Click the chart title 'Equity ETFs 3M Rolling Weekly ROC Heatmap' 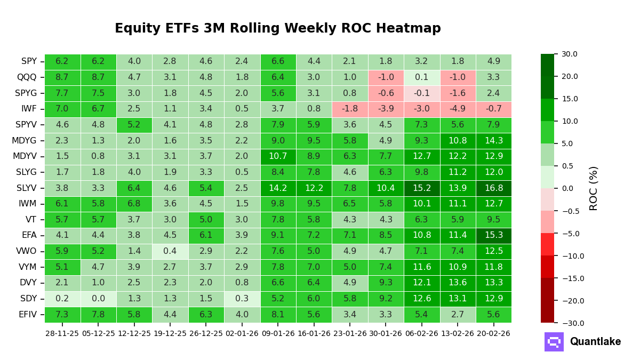point(277,29)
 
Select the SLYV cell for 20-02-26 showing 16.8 point(493,188)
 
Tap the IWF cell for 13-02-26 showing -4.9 point(458,109)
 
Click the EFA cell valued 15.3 point(493,236)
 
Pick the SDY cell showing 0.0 point(98,299)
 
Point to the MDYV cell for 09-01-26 point(278,157)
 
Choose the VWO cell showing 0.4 point(170,251)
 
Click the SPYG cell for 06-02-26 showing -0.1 point(421,93)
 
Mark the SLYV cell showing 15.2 point(421,188)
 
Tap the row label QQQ point(27,77)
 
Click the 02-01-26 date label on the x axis point(242,333)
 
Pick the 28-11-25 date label point(62,333)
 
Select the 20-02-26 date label point(493,333)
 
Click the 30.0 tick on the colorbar point(569,54)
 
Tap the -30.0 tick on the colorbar point(568,323)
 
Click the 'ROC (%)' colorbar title point(594,188)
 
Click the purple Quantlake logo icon point(554,342)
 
